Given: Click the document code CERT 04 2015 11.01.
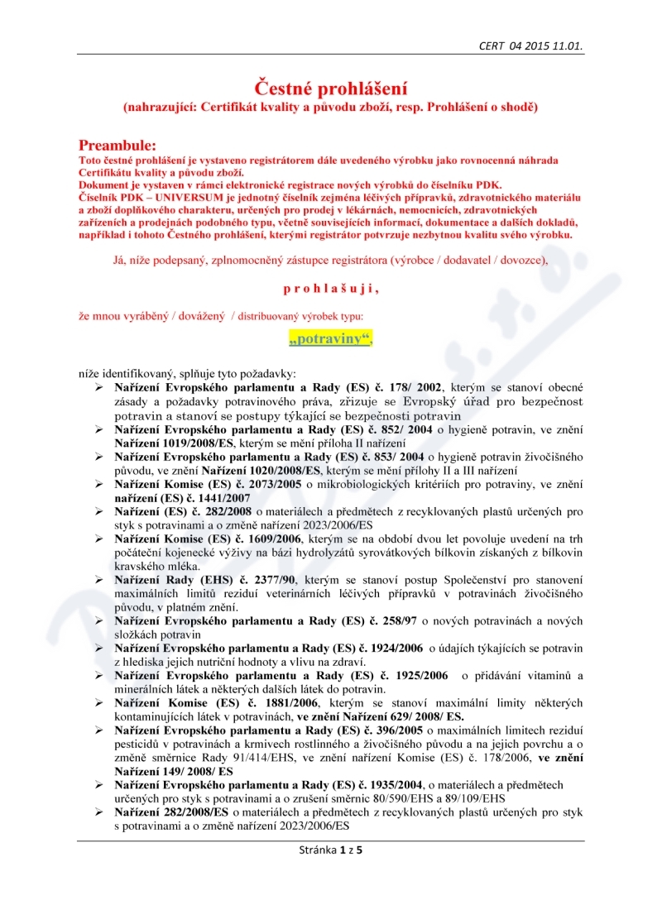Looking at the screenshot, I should click(x=530, y=46).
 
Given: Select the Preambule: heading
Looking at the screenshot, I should click(x=117, y=146).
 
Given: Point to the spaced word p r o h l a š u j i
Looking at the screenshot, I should click(x=331, y=289).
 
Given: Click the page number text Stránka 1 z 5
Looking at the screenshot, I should click(x=330, y=850).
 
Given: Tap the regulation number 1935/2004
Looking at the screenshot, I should click(x=392, y=783).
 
